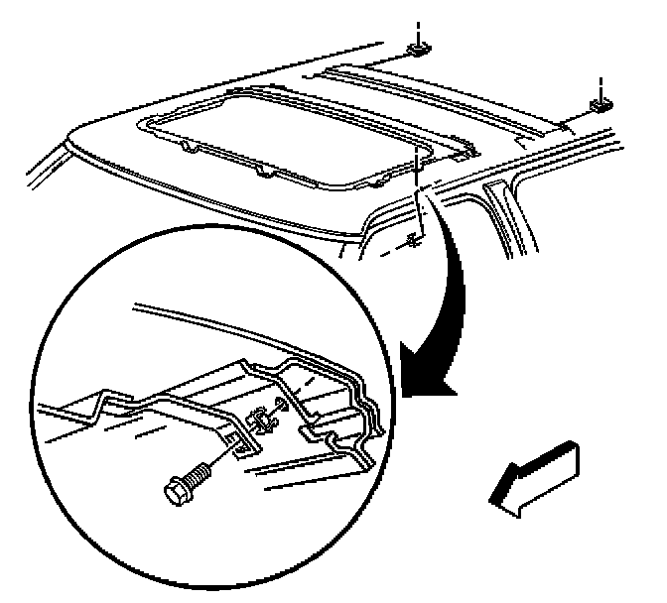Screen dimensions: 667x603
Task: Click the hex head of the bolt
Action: click(x=179, y=486)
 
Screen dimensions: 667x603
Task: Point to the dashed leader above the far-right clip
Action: click(x=601, y=83)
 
